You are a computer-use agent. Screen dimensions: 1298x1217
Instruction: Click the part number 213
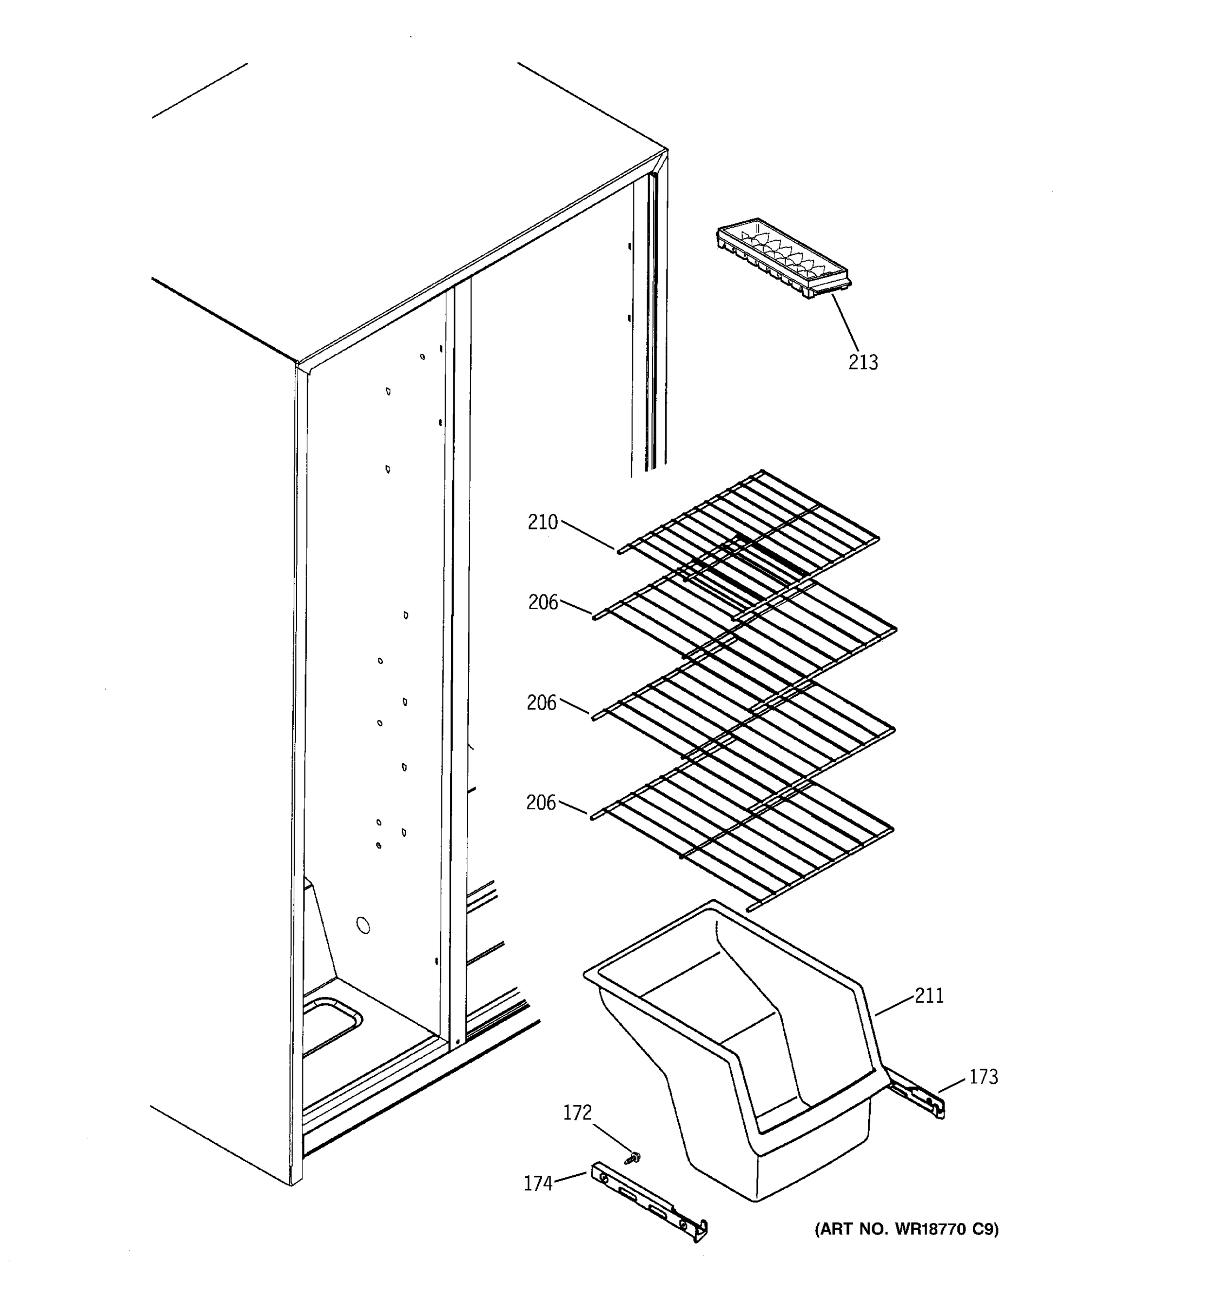pos(863,362)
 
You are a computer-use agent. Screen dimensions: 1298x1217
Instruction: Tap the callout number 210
pos(543,522)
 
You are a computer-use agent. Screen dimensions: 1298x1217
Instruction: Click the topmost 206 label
pos(543,602)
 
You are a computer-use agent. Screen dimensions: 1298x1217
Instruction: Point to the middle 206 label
pos(541,703)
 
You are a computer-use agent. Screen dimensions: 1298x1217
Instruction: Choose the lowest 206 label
pos(540,803)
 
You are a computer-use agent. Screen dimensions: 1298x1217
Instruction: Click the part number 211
pos(929,996)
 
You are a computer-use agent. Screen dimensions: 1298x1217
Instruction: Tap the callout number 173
pos(983,1077)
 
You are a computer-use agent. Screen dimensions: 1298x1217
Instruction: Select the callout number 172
pos(577,1112)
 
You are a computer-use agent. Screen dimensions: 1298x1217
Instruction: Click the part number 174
pos(538,1184)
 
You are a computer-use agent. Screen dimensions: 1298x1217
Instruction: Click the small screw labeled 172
pos(632,1157)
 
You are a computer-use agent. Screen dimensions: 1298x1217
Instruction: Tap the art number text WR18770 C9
pos(906,1229)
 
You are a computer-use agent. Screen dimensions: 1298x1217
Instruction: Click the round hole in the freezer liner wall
pos(363,925)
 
